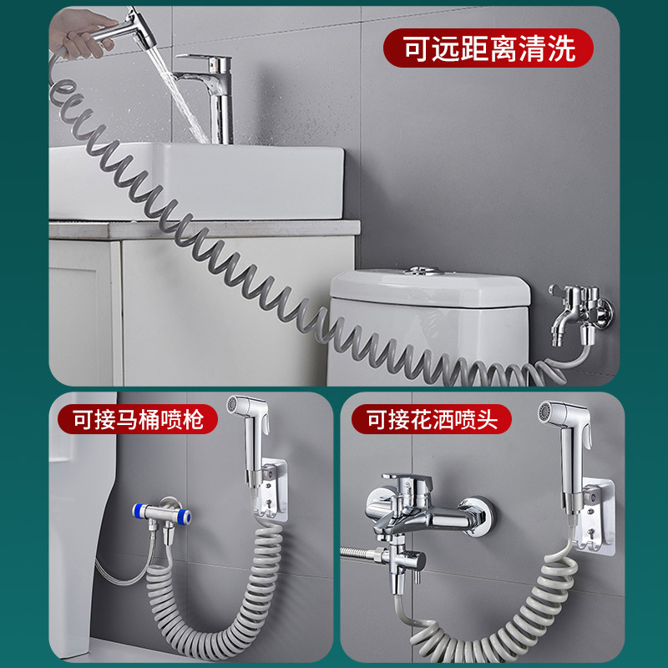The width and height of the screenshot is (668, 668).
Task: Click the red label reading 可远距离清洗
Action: [x=488, y=49]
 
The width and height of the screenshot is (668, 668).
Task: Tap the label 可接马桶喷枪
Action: [x=137, y=418]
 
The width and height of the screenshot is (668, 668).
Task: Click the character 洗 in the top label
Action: [x=562, y=49]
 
